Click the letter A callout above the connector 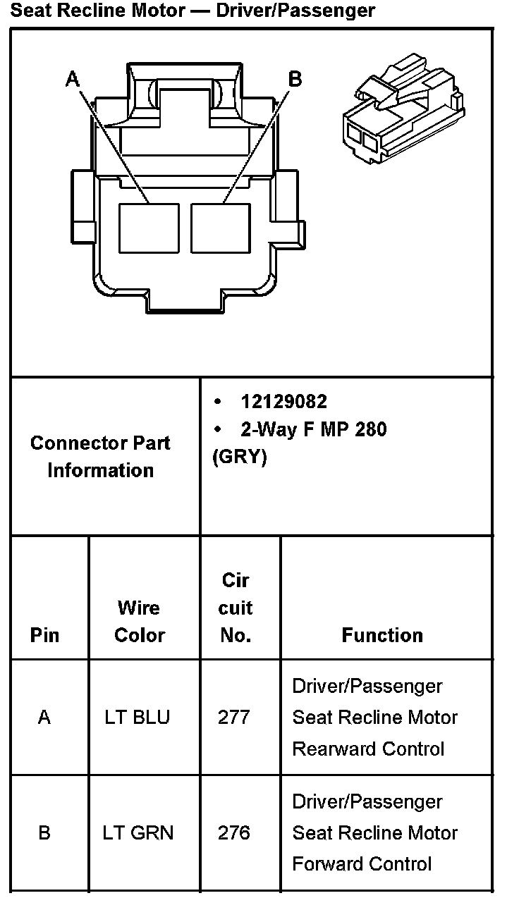click(x=73, y=79)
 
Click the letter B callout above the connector click(x=295, y=79)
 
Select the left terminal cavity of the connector click(x=149, y=228)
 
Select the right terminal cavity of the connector click(x=221, y=228)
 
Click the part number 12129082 click(x=284, y=402)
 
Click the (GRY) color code click(x=239, y=457)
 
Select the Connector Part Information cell click(x=100, y=457)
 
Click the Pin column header click(x=44, y=635)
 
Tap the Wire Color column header click(x=139, y=621)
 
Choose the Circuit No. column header click(x=236, y=608)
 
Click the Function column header click(x=382, y=635)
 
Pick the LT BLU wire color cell click(x=138, y=718)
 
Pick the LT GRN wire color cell click(x=138, y=833)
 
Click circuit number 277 click(x=234, y=718)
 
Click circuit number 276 click(x=234, y=833)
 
